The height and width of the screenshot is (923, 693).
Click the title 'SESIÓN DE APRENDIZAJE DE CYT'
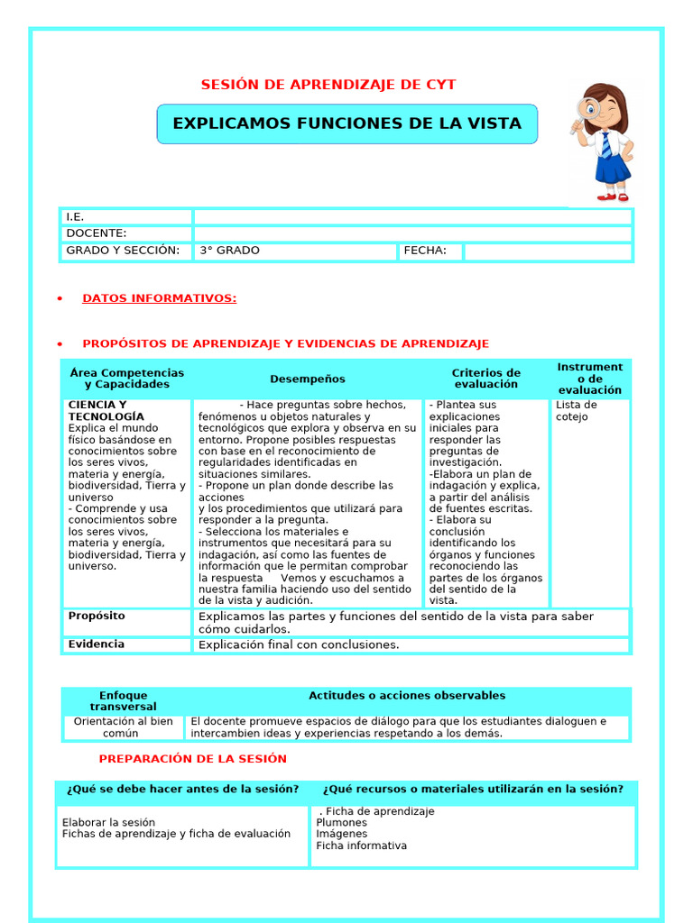pos(328,85)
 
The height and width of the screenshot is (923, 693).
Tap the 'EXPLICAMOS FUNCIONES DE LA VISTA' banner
pos(346,123)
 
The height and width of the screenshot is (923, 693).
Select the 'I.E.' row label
pos(75,217)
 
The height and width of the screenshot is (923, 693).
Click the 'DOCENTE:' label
pos(97,233)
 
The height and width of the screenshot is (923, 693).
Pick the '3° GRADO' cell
pos(229,251)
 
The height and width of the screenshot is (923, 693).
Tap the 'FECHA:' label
pos(425,251)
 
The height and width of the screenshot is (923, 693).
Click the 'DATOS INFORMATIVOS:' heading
pos(160,298)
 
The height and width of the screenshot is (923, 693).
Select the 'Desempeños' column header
pos(307,379)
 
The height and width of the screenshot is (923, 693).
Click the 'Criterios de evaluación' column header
pos(485,379)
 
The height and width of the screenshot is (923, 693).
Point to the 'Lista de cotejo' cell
pos(576,411)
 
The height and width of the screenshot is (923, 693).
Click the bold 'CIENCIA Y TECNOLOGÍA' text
pos(106,411)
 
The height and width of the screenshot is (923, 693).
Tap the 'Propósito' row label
pos(97,617)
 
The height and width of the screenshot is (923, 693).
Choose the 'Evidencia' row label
pos(97,644)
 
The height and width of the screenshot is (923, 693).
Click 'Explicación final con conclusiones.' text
pos(298,645)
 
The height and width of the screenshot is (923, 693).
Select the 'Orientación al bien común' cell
pos(123,727)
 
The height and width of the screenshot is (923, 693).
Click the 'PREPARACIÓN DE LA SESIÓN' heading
pos(192,759)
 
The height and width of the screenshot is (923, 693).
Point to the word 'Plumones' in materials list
pos(341,823)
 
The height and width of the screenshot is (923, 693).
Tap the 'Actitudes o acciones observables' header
pos(407,696)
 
